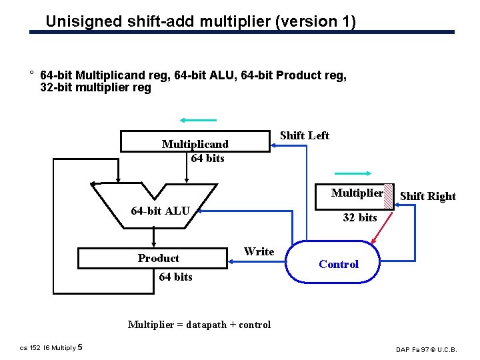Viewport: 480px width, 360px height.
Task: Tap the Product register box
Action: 153,258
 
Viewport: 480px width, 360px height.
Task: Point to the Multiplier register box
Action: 357,193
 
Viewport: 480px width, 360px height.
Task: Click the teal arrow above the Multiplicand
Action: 198,121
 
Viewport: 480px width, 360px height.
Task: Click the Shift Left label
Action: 304,135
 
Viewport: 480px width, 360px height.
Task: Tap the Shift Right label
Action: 427,196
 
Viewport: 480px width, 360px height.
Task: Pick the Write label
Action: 259,251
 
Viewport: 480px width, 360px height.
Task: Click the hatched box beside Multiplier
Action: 389,196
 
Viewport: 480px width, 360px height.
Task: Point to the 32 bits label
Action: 359,217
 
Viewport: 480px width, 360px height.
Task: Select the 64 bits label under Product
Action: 175,277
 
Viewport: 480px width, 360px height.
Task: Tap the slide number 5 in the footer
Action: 81,347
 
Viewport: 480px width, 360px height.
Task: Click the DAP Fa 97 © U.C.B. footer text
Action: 435,349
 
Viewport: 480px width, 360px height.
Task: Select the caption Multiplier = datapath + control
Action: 199,325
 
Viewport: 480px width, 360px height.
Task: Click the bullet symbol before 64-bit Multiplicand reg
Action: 31,73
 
